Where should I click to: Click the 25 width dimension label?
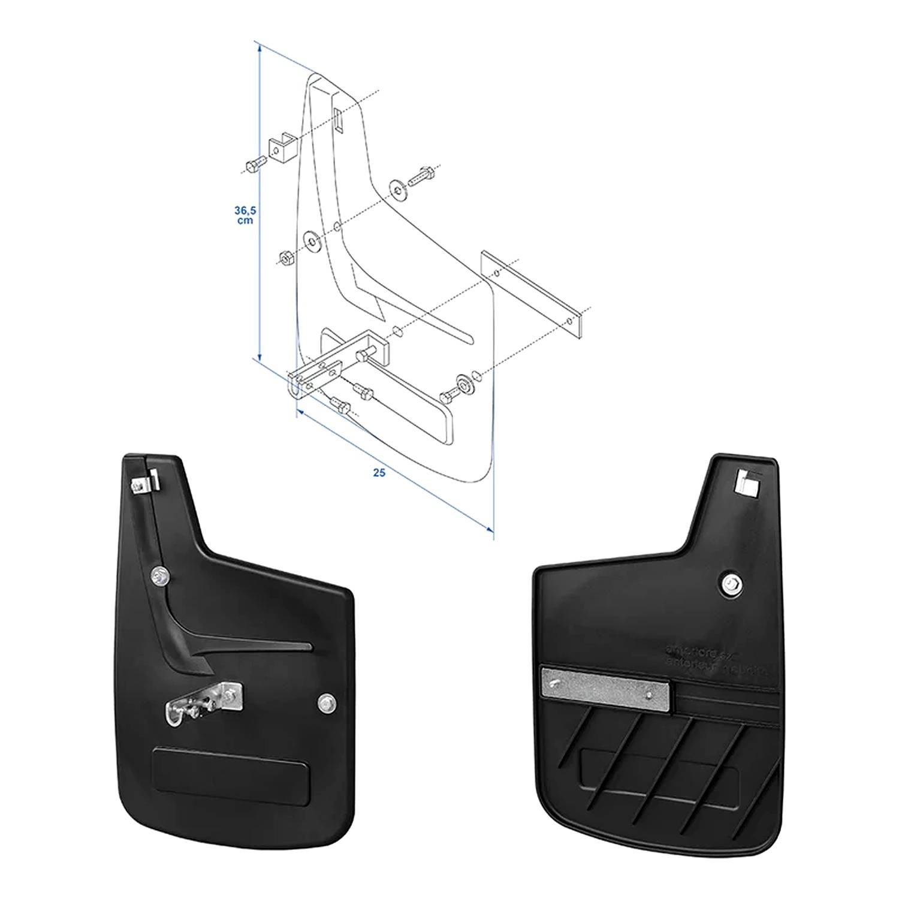[378, 473]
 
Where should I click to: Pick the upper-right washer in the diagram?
[397, 187]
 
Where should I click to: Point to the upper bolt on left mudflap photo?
[159, 577]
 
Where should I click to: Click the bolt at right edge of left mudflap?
[326, 700]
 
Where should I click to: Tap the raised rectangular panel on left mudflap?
[231, 773]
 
